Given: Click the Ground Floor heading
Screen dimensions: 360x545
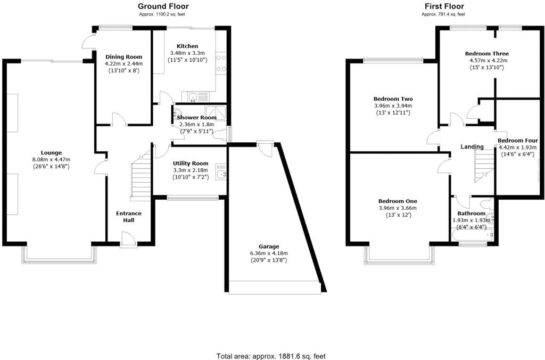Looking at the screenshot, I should pos(163,6).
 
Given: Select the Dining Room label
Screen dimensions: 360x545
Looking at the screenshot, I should pos(122,56).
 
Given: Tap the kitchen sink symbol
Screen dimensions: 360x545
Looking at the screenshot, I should pos(194,96).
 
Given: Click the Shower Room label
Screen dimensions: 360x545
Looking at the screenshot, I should pos(196,117).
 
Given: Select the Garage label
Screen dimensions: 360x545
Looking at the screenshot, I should pos(269,247).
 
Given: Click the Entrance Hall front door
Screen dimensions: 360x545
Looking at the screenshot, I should pos(128,241).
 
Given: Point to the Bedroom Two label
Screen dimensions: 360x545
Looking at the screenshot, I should pos(393,99).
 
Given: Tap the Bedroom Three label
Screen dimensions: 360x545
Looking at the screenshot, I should pos(486,54).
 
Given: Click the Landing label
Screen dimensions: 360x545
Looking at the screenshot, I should pos(472,147).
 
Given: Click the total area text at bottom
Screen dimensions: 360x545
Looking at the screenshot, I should pos(271,356).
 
